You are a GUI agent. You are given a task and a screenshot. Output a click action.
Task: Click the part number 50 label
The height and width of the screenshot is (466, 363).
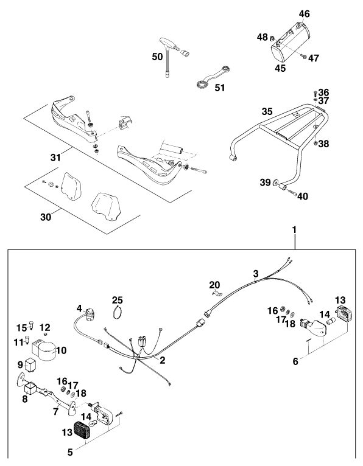pyautogui.click(x=157, y=57)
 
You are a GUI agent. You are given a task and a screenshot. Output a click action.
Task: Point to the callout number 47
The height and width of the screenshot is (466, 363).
pyautogui.click(x=313, y=58)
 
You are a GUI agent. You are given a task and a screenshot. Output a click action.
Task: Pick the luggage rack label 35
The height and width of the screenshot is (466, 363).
pyautogui.click(x=267, y=111)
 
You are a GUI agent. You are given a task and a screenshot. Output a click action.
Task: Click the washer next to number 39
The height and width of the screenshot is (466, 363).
pyautogui.click(x=275, y=182)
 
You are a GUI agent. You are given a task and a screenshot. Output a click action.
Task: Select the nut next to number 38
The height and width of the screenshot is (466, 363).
pyautogui.click(x=315, y=144)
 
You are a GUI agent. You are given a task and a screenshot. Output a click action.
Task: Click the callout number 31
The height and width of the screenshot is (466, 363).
pyautogui.click(x=55, y=157)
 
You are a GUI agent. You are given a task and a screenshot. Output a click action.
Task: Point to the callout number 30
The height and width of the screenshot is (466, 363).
pyautogui.click(x=46, y=217)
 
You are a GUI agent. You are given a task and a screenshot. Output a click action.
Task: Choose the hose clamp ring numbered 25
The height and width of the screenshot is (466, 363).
pyautogui.click(x=118, y=312)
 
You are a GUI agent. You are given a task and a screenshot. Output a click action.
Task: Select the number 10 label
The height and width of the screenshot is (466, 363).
pyautogui.click(x=61, y=350)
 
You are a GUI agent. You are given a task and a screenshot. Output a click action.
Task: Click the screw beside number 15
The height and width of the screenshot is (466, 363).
pyautogui.click(x=31, y=326)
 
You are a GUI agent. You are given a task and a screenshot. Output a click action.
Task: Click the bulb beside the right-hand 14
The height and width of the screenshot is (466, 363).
pyautogui.click(x=331, y=321)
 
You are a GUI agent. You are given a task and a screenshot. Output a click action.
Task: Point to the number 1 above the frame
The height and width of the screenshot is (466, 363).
pyautogui.click(x=294, y=230)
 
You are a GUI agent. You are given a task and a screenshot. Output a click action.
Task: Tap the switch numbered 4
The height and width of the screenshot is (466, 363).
pyautogui.click(x=90, y=315)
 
